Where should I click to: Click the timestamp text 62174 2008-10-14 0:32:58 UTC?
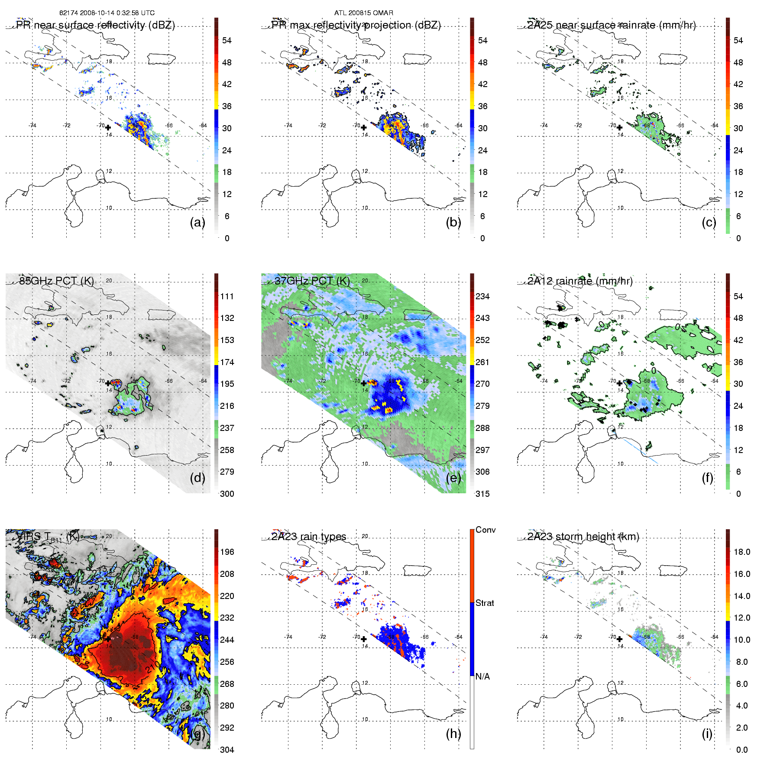(x=107, y=13)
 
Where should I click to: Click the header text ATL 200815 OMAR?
(x=363, y=13)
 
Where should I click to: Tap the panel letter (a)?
(x=197, y=223)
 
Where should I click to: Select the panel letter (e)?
(x=453, y=478)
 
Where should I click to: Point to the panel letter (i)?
(x=707, y=734)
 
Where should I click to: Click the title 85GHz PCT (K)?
(x=56, y=281)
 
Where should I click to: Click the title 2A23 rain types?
(x=309, y=537)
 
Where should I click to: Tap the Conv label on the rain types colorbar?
(x=485, y=530)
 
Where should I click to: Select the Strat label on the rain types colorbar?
(x=485, y=603)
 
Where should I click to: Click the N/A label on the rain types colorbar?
(x=482, y=676)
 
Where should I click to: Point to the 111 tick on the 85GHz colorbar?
(x=227, y=296)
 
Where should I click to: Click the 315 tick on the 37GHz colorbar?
(x=482, y=494)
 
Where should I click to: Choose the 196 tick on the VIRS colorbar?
(x=227, y=552)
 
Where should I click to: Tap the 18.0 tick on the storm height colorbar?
(x=742, y=552)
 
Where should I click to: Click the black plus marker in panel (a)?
(x=108, y=127)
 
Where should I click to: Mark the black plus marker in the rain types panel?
(x=364, y=639)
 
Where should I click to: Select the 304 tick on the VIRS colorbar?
(x=227, y=750)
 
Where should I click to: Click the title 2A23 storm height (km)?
(x=583, y=537)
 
